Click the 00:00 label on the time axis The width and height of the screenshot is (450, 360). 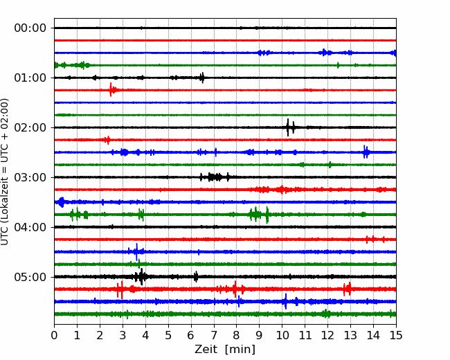click(30, 28)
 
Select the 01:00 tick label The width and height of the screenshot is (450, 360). click(30, 78)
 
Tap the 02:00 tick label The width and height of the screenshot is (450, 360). click(30, 127)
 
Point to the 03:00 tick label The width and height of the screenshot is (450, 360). click(30, 177)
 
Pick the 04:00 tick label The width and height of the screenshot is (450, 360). click(30, 227)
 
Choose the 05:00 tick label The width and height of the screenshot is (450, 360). click(30, 277)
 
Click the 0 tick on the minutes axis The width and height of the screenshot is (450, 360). click(54, 335)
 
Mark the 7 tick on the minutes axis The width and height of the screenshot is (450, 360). click(214, 335)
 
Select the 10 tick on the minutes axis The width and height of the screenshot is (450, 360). click(282, 335)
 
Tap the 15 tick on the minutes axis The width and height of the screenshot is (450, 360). click(396, 335)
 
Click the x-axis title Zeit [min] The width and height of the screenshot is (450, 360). click(225, 349)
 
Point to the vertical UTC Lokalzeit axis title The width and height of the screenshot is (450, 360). click(4, 172)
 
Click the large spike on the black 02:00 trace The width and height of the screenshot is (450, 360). click(288, 127)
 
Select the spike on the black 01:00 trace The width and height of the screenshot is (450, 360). click(202, 78)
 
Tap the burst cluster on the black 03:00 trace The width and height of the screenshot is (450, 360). click(215, 177)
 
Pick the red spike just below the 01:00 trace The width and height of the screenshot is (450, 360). click(111, 90)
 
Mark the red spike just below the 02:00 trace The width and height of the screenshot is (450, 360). click(107, 140)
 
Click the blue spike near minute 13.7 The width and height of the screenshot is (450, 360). click(366, 152)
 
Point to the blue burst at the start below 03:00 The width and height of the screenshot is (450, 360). click(61, 202)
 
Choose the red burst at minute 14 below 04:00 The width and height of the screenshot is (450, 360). click(373, 239)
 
